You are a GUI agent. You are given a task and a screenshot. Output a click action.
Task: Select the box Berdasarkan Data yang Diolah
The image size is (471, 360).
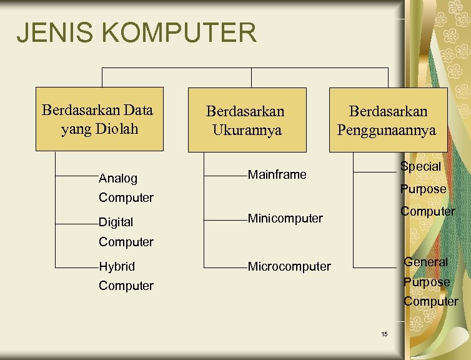pos(99,119)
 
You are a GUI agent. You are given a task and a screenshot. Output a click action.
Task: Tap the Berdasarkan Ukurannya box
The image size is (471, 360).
pos(247,119)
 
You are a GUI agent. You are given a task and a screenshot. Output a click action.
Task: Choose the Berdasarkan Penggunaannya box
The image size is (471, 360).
pos(388,119)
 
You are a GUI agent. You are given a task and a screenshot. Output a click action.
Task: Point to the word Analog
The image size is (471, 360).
pos(119,178)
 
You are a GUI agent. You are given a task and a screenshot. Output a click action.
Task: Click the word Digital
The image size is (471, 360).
pos(116,222)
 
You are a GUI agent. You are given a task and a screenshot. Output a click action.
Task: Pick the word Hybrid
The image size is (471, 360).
pos(117,266)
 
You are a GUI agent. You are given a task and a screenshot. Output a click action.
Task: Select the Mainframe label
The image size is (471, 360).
pos(277,174)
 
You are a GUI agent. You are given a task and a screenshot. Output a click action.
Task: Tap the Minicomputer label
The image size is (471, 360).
pos(285,218)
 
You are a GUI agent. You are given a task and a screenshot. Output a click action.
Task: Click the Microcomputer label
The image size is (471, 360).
pos(289,266)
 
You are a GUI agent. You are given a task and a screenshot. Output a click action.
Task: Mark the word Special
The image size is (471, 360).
pos(420,167)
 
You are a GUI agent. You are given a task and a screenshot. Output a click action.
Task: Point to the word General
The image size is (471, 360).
pos(425,262)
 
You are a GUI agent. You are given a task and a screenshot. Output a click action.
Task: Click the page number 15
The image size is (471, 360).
pos(384,334)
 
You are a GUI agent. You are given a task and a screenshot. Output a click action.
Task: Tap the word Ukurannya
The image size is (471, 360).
pos(247,130)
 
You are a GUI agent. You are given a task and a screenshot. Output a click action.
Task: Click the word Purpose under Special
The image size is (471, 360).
pos(423,189)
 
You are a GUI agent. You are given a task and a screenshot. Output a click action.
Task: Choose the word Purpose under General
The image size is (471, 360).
pos(427,282)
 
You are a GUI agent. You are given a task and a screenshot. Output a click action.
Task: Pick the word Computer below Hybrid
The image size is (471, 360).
pos(126,286)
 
